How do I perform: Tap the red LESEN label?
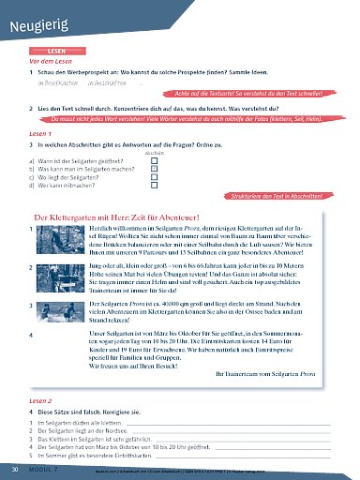pyautogui.click(x=56, y=52)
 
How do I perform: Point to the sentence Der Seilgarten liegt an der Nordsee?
pyautogui.click(x=85, y=431)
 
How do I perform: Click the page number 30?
pyautogui.click(x=14, y=466)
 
